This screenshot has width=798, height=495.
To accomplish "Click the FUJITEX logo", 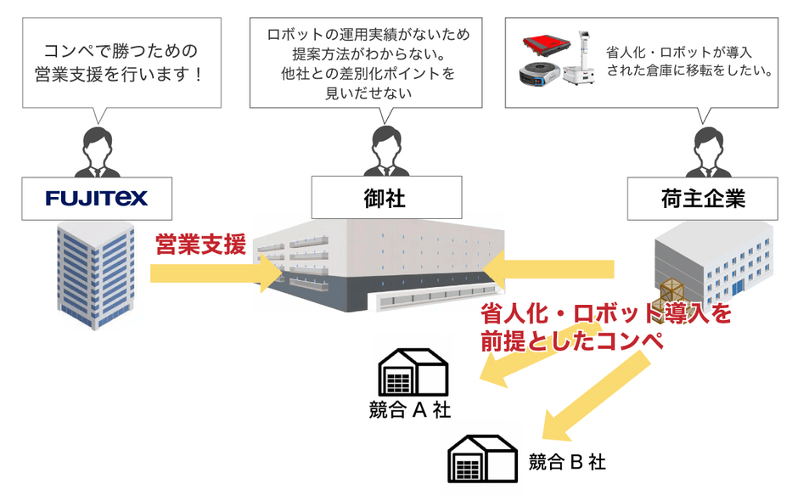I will click(x=96, y=199).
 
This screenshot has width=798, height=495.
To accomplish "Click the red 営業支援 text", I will click(x=200, y=245).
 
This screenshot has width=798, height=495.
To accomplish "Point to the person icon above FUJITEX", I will click(x=96, y=149).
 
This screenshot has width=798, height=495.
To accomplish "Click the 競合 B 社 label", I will click(x=567, y=462).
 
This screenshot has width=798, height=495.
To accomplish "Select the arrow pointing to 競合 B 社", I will click(x=594, y=391).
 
